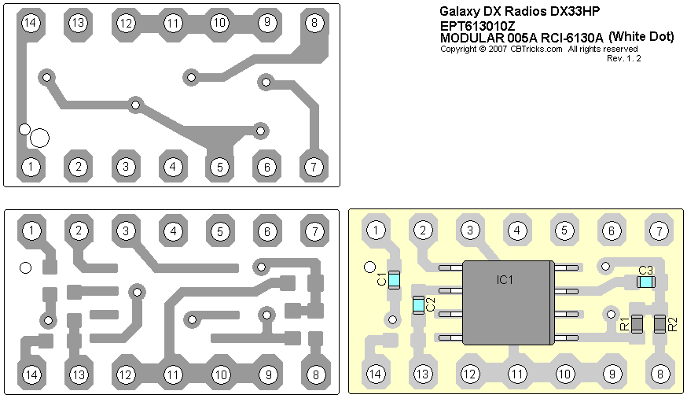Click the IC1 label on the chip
[x=505, y=280]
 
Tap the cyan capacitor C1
[x=395, y=278]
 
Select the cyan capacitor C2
[x=419, y=304]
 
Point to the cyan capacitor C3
[x=646, y=281]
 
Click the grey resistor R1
[x=637, y=323]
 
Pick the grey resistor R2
[x=659, y=323]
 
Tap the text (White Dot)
[x=641, y=36]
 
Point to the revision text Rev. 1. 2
[x=624, y=57]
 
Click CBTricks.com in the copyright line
[x=536, y=48]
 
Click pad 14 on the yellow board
[x=377, y=374]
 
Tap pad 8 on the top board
[x=314, y=23]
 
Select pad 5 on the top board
[x=220, y=167]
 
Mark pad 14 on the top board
[x=31, y=23]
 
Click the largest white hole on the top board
[x=39, y=138]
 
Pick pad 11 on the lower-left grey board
[x=173, y=374]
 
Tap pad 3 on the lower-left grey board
[x=126, y=230]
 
